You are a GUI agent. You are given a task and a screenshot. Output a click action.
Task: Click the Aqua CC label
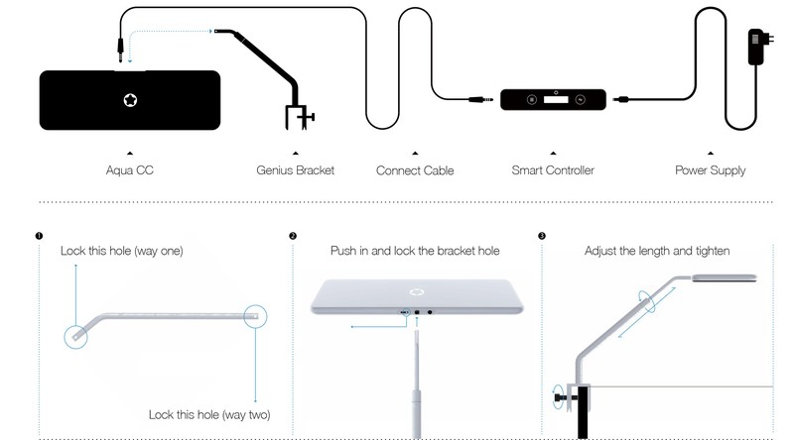point(130,169)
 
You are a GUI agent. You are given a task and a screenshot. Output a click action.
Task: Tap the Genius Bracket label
point(295,169)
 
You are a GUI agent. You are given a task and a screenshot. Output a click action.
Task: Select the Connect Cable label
point(415,170)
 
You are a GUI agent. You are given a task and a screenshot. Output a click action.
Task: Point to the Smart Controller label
point(553,169)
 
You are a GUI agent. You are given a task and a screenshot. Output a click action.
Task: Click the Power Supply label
point(711,170)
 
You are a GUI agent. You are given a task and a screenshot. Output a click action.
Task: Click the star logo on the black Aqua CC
point(130,100)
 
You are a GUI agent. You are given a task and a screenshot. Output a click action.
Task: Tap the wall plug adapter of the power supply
point(759,46)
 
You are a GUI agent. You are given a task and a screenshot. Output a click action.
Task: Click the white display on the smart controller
point(556,100)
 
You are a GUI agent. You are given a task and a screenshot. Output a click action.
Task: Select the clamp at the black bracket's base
point(300,117)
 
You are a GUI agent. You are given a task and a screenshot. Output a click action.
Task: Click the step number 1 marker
point(39,236)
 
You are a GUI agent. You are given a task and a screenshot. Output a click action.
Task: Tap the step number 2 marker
point(293,236)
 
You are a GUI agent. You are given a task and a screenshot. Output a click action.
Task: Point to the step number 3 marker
point(542,236)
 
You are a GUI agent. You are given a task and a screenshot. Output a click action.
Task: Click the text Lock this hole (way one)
point(121,251)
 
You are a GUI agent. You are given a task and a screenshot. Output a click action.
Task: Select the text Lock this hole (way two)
point(209,414)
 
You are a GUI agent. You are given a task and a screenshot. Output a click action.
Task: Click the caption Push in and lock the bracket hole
point(415,251)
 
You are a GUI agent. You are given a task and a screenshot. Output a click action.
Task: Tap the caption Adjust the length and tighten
point(657,251)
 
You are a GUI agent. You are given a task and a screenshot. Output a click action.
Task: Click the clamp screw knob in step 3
point(559,397)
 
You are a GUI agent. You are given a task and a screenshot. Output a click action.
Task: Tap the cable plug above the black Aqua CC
point(120,51)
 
